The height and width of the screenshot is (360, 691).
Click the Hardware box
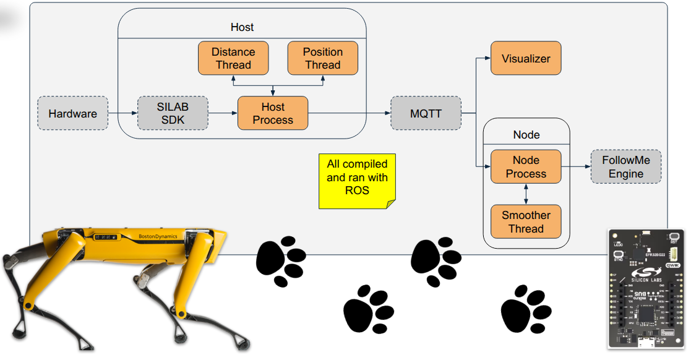(x=72, y=113)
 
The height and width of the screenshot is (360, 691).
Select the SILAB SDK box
(x=173, y=113)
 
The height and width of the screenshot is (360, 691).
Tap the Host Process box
(x=273, y=113)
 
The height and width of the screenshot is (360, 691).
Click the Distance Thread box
(x=233, y=58)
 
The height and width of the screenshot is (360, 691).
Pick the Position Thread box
(x=322, y=58)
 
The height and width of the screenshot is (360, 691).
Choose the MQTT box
(x=426, y=113)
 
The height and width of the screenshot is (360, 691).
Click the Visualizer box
(x=526, y=59)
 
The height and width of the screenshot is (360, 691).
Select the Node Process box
(x=526, y=166)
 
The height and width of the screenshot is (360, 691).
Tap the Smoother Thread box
(x=526, y=221)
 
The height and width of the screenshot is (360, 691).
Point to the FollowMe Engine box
(x=625, y=166)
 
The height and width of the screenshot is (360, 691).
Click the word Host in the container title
(x=242, y=27)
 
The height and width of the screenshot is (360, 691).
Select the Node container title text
(x=526, y=135)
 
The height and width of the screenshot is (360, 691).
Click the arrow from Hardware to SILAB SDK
(x=122, y=113)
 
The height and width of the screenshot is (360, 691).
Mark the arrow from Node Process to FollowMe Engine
(x=575, y=166)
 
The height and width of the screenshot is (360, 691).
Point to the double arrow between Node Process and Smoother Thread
(x=526, y=194)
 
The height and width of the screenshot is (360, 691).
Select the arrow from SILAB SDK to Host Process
(x=223, y=113)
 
